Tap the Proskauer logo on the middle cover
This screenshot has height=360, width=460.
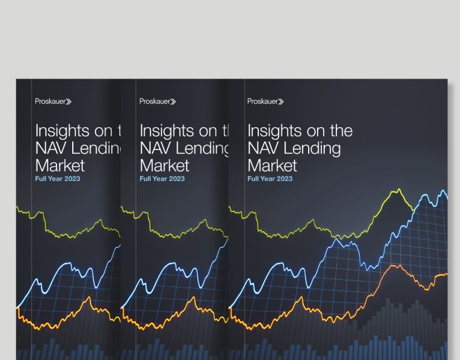point(158,101)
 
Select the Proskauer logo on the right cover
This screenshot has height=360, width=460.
point(265,101)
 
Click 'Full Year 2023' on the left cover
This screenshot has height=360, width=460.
point(58,179)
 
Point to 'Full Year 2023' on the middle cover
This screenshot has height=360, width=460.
point(162,179)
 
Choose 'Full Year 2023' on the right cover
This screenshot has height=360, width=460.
point(270,179)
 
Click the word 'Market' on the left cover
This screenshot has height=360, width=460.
point(60,165)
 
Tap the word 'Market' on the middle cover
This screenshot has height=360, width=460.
point(165,165)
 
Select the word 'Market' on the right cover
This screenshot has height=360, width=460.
point(272,165)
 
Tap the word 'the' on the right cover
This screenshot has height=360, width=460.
point(340,131)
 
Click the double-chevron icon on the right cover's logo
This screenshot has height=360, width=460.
point(280,101)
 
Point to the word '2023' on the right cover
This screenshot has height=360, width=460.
point(285,179)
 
